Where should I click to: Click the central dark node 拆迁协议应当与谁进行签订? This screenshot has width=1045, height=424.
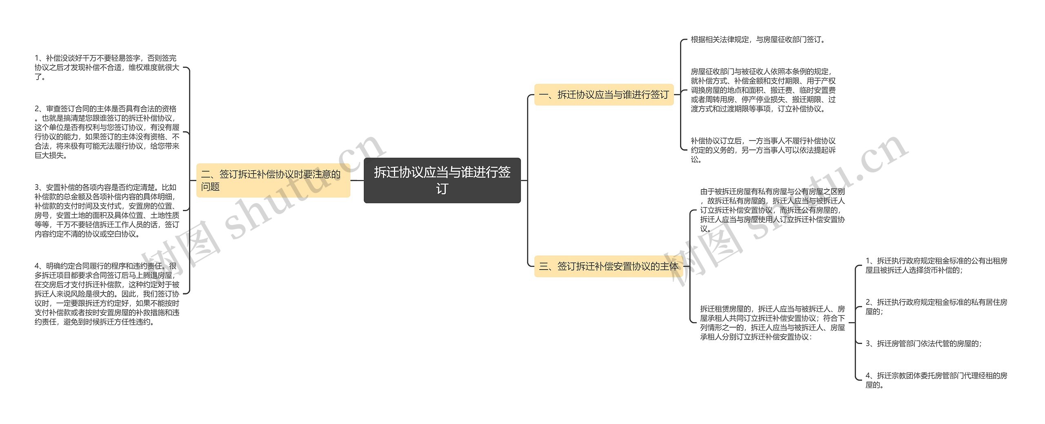point(442,180)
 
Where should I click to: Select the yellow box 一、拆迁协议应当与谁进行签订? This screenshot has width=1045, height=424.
point(604,95)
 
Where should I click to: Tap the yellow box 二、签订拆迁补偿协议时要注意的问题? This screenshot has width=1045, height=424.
point(273,181)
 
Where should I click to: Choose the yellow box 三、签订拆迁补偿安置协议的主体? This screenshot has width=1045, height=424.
point(608,266)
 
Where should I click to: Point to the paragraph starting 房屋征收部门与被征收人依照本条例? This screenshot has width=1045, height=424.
point(763,90)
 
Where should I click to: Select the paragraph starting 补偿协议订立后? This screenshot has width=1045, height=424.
point(763,150)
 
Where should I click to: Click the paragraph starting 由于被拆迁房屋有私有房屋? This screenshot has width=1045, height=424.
point(772,210)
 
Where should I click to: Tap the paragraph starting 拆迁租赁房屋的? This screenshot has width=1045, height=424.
point(772,323)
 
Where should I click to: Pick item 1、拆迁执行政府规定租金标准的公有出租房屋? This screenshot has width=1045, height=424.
point(936,266)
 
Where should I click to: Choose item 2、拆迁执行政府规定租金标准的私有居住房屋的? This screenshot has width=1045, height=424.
point(936,307)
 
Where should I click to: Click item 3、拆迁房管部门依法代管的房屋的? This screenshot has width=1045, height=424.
point(923,344)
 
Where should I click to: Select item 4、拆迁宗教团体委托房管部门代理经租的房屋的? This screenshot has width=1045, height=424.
point(936,380)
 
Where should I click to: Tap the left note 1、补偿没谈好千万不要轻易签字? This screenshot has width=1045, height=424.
point(107,67)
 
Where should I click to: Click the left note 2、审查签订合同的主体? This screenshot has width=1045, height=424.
point(107,132)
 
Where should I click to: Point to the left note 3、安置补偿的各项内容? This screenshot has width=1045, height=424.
point(107,210)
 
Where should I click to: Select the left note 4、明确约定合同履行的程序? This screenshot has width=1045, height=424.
point(107,294)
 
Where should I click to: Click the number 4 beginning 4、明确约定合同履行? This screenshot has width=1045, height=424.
point(37,266)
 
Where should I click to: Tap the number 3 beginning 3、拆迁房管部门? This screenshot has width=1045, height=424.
point(868,344)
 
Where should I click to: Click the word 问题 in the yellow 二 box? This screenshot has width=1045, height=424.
point(210,187)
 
